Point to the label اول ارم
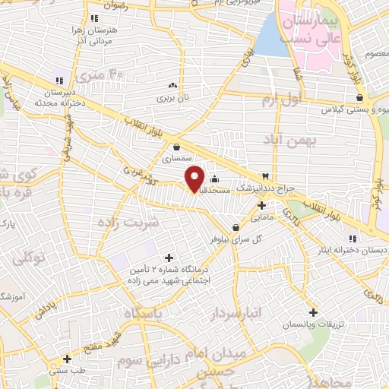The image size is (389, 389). (x=280, y=100)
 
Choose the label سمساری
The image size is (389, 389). (x=178, y=160)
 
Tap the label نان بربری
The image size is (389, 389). (x=172, y=98)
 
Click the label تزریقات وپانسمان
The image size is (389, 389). (x=312, y=324)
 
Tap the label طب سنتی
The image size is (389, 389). (x=68, y=371)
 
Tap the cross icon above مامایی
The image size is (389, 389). (x=262, y=205)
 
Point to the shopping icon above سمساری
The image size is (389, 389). (x=177, y=147)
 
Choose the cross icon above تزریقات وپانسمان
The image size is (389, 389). (x=313, y=312)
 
